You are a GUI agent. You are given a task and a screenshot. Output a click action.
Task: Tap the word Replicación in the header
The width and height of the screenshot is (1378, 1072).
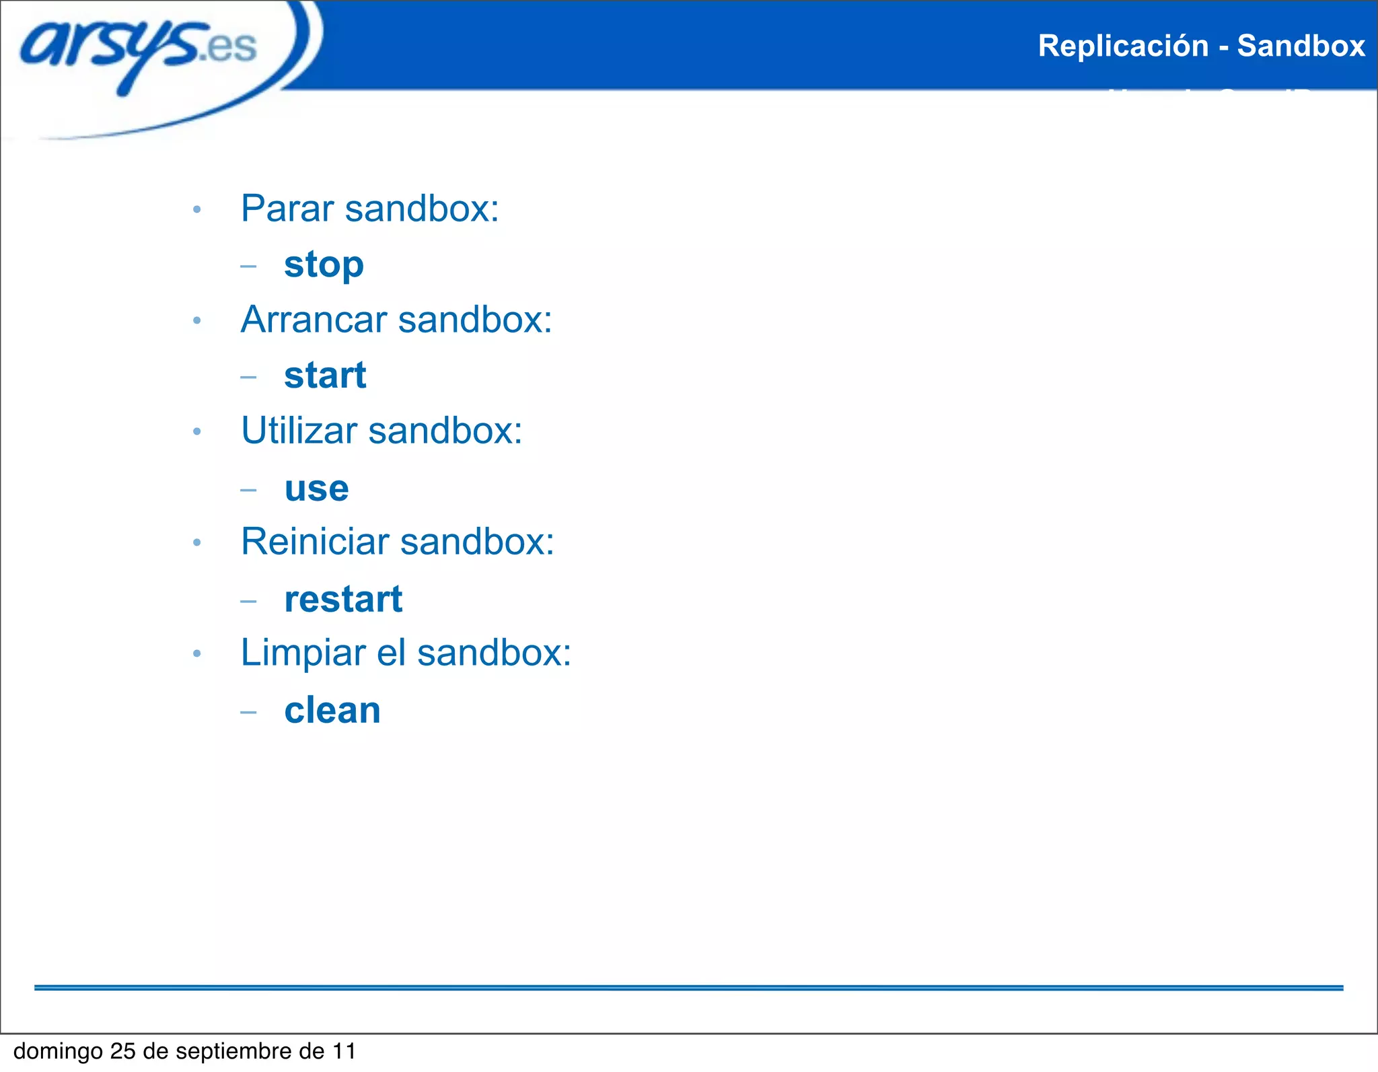[1123, 46]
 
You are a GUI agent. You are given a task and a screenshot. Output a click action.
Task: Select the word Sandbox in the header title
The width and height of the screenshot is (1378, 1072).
[1301, 46]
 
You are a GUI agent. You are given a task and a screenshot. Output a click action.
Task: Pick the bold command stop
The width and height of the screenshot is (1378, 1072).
[324, 264]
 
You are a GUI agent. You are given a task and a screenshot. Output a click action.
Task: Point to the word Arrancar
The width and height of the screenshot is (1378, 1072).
[314, 319]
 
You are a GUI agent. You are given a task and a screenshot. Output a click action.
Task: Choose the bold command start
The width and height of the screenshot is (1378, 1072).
[325, 376]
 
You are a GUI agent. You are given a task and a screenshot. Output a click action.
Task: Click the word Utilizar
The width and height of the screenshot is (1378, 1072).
[299, 431]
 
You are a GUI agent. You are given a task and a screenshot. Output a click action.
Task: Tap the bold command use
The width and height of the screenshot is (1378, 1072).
[316, 489]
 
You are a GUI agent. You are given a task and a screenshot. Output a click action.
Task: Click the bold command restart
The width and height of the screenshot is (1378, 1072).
[343, 600]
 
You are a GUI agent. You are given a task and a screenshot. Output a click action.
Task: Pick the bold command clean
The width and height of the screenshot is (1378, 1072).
[332, 711]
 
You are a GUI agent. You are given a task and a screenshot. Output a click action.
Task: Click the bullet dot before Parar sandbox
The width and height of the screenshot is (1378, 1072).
[196, 210]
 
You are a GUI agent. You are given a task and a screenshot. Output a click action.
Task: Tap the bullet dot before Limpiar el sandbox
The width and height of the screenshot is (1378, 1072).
[196, 653]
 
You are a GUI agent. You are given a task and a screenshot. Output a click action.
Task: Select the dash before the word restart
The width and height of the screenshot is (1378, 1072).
[248, 600]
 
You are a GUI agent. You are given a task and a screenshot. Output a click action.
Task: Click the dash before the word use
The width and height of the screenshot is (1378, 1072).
[248, 489]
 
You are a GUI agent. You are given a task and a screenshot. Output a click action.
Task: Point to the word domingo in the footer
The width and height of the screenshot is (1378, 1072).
[58, 1051]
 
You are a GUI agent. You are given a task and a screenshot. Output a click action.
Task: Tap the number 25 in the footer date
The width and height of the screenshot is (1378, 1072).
[123, 1051]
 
